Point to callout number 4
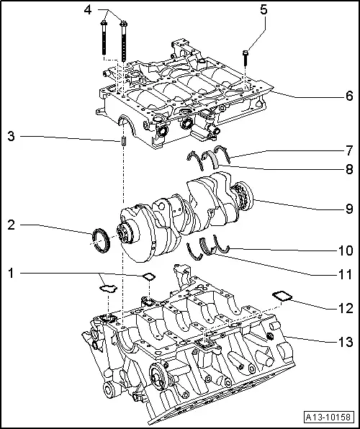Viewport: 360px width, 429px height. tap(87, 10)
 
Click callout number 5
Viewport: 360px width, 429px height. tap(263, 10)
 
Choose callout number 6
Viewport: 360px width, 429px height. tap(348, 96)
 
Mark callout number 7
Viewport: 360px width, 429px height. tap(348, 150)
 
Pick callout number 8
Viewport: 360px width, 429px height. tap(348, 171)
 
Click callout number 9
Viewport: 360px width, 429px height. tap(348, 209)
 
